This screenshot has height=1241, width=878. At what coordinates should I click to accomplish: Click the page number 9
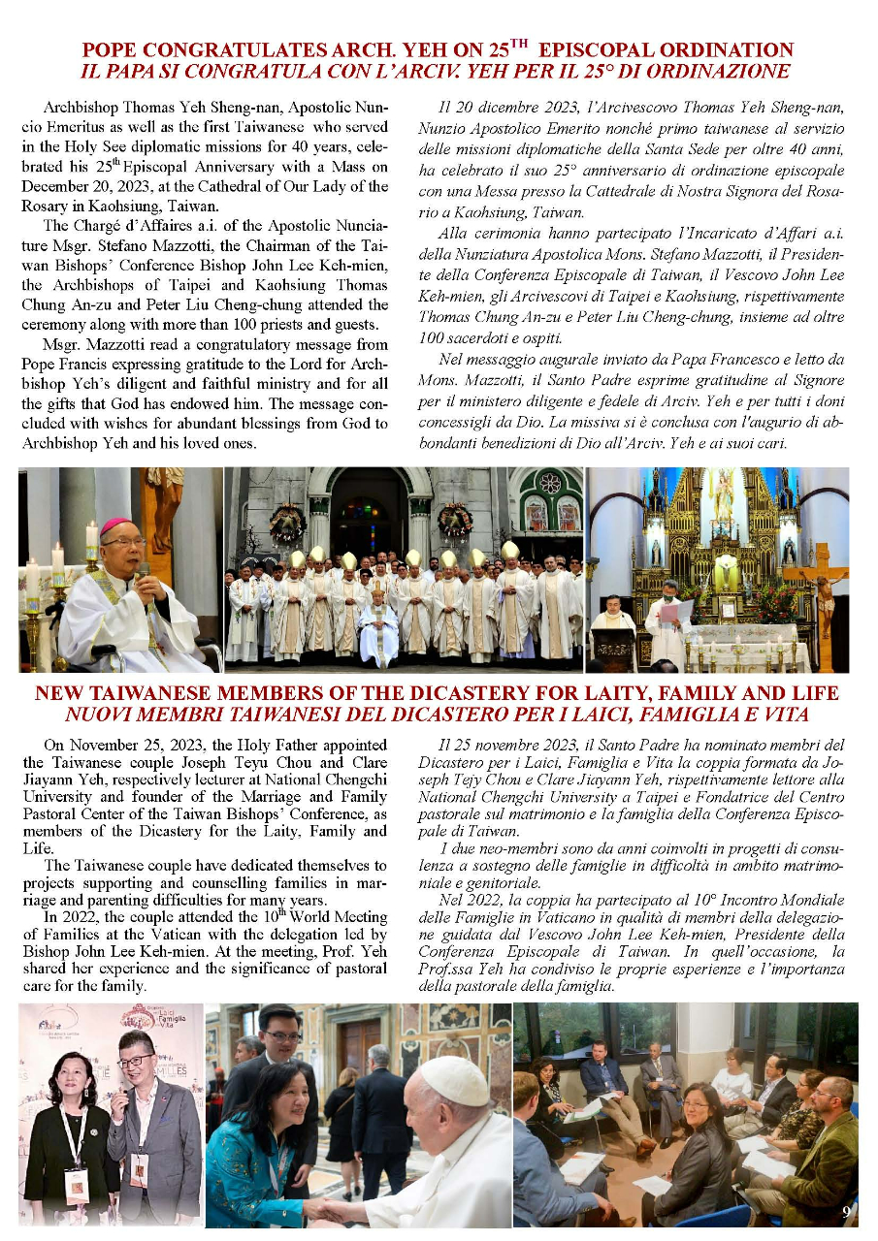[846, 1211]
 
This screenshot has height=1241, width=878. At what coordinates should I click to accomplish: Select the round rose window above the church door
[550, 482]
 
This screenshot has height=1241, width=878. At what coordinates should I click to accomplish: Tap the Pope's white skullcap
[455, 1078]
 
